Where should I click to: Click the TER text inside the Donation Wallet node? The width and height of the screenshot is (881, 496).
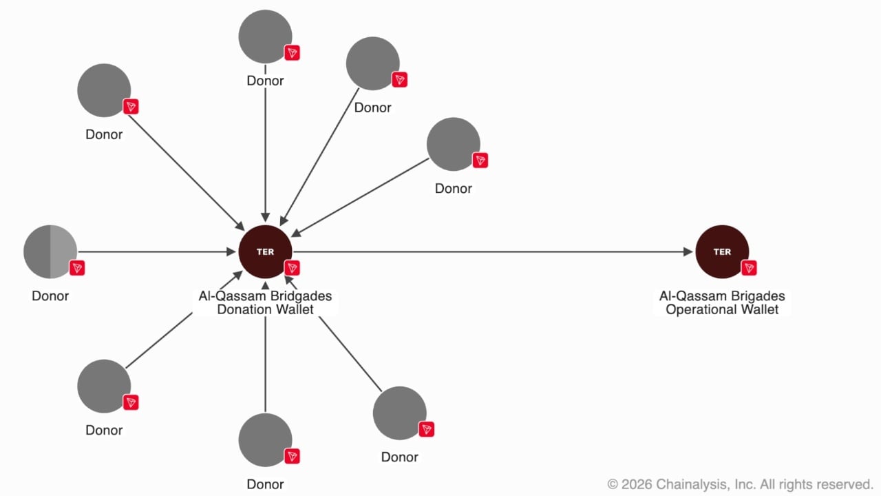click(x=265, y=252)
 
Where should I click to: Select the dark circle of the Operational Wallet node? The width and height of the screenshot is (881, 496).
click(x=722, y=251)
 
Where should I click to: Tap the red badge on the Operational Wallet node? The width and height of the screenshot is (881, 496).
click(x=749, y=268)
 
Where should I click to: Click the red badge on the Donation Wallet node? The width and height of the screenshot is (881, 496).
click(x=293, y=268)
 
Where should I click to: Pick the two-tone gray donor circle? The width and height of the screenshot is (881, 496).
click(x=50, y=251)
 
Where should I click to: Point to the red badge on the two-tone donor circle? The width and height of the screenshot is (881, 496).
click(x=77, y=268)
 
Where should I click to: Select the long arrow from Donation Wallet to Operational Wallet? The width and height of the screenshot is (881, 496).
click(x=493, y=251)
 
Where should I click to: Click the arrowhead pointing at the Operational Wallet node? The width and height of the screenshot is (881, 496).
click(x=688, y=251)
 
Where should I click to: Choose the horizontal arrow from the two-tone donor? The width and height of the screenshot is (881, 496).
click(x=157, y=251)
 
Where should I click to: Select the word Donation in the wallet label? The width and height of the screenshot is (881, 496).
click(x=241, y=309)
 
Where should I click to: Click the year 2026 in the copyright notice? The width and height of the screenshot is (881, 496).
click(x=637, y=484)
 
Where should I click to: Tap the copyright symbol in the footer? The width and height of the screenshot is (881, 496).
click(x=613, y=484)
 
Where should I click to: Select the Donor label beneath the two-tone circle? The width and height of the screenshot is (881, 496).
click(x=50, y=296)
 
